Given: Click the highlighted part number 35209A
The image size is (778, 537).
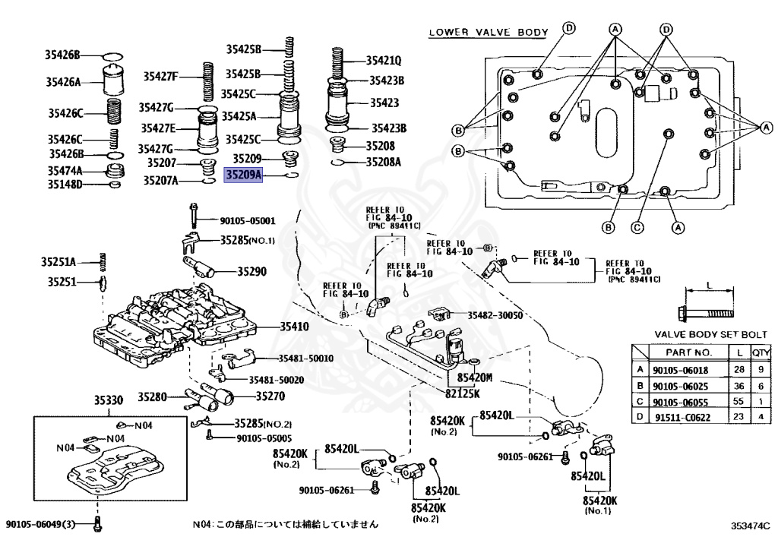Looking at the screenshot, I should [244, 175].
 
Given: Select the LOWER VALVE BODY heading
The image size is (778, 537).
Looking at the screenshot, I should [489, 32].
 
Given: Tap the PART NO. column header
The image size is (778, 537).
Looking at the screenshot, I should [688, 352].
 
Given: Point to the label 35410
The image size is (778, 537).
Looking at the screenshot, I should [273, 327].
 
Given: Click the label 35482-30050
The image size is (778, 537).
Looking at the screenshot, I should [495, 315].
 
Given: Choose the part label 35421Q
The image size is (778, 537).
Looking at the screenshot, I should [384, 60].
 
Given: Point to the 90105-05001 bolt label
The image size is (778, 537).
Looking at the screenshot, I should [248, 222].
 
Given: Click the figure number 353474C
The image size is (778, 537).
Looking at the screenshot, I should [750, 526].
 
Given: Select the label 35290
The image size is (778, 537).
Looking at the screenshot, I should [251, 270].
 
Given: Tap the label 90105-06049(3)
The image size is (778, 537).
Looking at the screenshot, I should [42, 524].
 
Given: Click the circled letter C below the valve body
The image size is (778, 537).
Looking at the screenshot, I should [637, 226].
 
